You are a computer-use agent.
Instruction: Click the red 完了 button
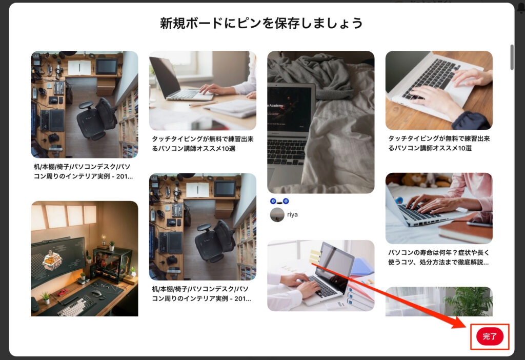click(490, 336)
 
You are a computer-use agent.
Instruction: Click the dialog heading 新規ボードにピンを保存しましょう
click(261, 23)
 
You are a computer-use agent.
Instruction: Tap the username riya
click(292, 214)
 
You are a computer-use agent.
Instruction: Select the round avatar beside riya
click(277, 215)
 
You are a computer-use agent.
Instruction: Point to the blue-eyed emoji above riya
click(279, 201)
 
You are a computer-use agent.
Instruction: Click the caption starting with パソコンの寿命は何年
click(439, 257)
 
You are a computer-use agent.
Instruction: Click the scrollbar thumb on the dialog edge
click(512, 57)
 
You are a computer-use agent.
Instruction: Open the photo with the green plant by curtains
click(439, 302)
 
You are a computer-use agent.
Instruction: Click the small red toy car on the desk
click(62, 292)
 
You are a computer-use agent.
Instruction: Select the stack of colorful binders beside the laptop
click(360, 288)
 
